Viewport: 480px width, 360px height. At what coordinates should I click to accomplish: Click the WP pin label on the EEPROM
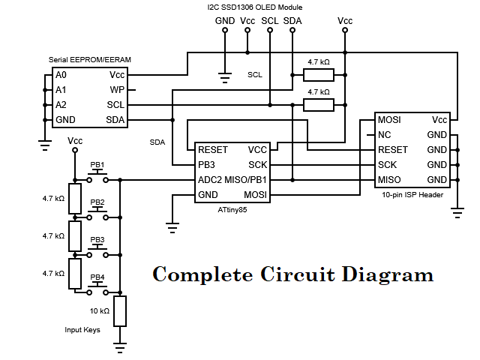click(117, 89)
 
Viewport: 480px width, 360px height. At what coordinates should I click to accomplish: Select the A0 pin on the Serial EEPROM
click(61, 75)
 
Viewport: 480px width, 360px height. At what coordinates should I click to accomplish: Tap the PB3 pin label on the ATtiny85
click(207, 164)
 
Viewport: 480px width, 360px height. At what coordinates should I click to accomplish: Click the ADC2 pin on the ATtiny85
click(211, 179)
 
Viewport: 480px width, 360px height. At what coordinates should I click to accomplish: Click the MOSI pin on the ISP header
click(390, 120)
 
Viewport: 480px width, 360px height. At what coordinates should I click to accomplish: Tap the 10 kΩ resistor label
click(100, 310)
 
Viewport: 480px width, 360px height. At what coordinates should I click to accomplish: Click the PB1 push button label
click(97, 165)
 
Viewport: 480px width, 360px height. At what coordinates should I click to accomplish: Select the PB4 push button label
click(97, 277)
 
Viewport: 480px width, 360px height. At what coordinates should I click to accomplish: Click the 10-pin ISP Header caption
click(412, 194)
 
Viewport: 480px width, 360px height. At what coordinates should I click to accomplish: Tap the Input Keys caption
click(82, 329)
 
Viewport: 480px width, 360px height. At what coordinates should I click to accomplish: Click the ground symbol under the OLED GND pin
click(223, 75)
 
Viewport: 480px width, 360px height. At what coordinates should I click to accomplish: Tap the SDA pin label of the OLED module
click(292, 20)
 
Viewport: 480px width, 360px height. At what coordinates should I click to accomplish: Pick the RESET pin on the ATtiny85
click(212, 149)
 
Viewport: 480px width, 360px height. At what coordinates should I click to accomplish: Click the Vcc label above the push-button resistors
click(75, 140)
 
